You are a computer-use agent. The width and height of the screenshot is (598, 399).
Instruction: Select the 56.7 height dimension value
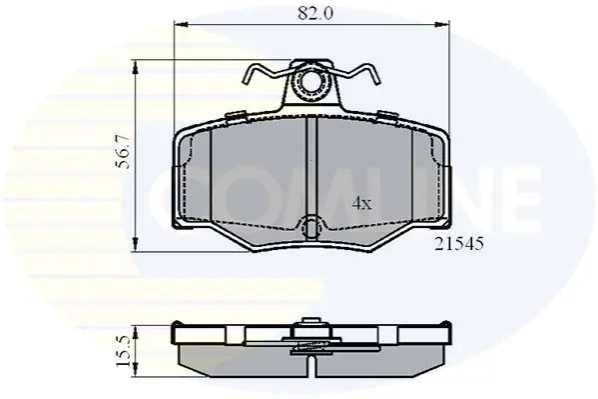124,152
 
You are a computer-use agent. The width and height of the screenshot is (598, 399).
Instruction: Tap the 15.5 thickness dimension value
124,350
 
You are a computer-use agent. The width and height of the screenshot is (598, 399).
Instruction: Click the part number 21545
459,243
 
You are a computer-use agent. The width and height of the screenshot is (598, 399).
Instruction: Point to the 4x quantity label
361,204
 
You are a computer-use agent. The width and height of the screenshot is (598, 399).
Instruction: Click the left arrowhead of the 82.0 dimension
181,25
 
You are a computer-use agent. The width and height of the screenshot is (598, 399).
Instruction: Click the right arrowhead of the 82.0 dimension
442,25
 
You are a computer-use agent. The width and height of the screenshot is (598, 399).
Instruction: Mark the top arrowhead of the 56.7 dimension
135,68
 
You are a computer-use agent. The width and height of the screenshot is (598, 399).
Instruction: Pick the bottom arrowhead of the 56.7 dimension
135,244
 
